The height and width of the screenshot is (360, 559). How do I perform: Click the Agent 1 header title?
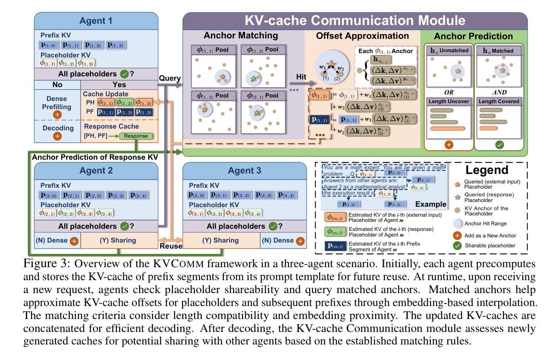coord(96,20)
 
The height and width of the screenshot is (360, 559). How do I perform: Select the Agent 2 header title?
coord(96,171)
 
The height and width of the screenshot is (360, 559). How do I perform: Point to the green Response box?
coord(136,136)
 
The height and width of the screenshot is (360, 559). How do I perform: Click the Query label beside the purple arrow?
coord(169,79)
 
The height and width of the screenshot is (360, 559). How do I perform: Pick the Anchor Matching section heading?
coord(241,35)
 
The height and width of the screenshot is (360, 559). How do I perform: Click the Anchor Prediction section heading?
coord(473,36)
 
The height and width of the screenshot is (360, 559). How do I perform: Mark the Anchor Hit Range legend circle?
coord(462,223)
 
